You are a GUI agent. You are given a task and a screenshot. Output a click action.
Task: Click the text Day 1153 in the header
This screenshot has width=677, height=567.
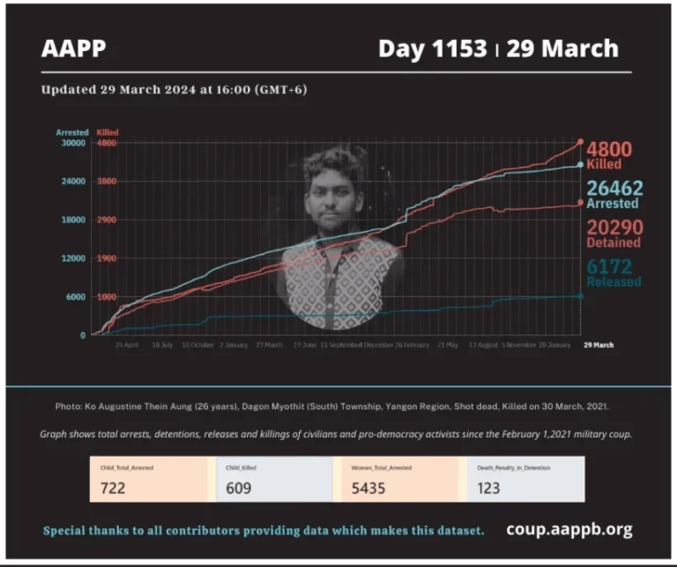432,48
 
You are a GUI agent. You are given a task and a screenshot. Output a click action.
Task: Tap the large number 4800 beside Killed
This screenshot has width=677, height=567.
609,149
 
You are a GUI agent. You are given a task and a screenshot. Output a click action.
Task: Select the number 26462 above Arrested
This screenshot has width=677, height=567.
614,188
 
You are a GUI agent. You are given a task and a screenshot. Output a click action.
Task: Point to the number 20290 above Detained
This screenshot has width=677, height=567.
614,227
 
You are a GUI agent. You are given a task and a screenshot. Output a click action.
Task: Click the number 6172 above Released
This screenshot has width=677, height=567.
609,265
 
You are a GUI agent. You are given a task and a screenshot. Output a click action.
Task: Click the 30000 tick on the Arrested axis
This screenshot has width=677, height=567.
71,143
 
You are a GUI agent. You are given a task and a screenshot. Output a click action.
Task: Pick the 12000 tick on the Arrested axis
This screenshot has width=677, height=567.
71,258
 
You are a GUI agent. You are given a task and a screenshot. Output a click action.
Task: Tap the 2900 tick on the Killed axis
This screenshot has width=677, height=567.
107,220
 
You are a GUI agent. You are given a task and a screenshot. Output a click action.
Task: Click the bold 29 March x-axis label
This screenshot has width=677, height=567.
598,345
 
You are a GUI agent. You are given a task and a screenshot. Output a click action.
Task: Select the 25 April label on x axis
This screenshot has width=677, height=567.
126,345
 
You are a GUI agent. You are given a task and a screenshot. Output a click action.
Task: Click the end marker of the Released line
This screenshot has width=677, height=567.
580,296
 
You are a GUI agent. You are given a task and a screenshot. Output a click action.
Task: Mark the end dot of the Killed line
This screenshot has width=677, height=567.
580,142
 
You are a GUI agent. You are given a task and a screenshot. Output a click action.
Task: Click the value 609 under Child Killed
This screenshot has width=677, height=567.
237,488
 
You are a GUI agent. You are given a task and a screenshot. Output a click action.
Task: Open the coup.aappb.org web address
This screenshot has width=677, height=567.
569,529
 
